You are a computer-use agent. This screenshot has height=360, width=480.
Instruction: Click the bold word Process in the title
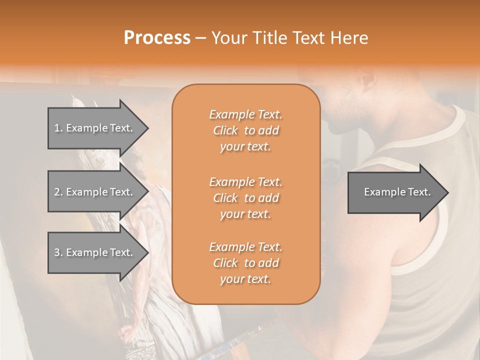click(157, 38)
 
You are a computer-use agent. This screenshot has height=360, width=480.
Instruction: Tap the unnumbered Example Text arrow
click(395, 192)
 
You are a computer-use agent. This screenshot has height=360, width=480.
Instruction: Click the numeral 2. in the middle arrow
click(58, 192)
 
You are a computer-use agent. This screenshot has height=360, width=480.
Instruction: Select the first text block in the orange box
click(245, 130)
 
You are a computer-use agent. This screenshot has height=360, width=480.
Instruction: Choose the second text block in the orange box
click(245, 197)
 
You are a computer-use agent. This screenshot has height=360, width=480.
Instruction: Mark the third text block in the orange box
click(245, 263)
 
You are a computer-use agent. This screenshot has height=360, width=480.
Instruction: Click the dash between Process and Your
click(200, 38)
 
